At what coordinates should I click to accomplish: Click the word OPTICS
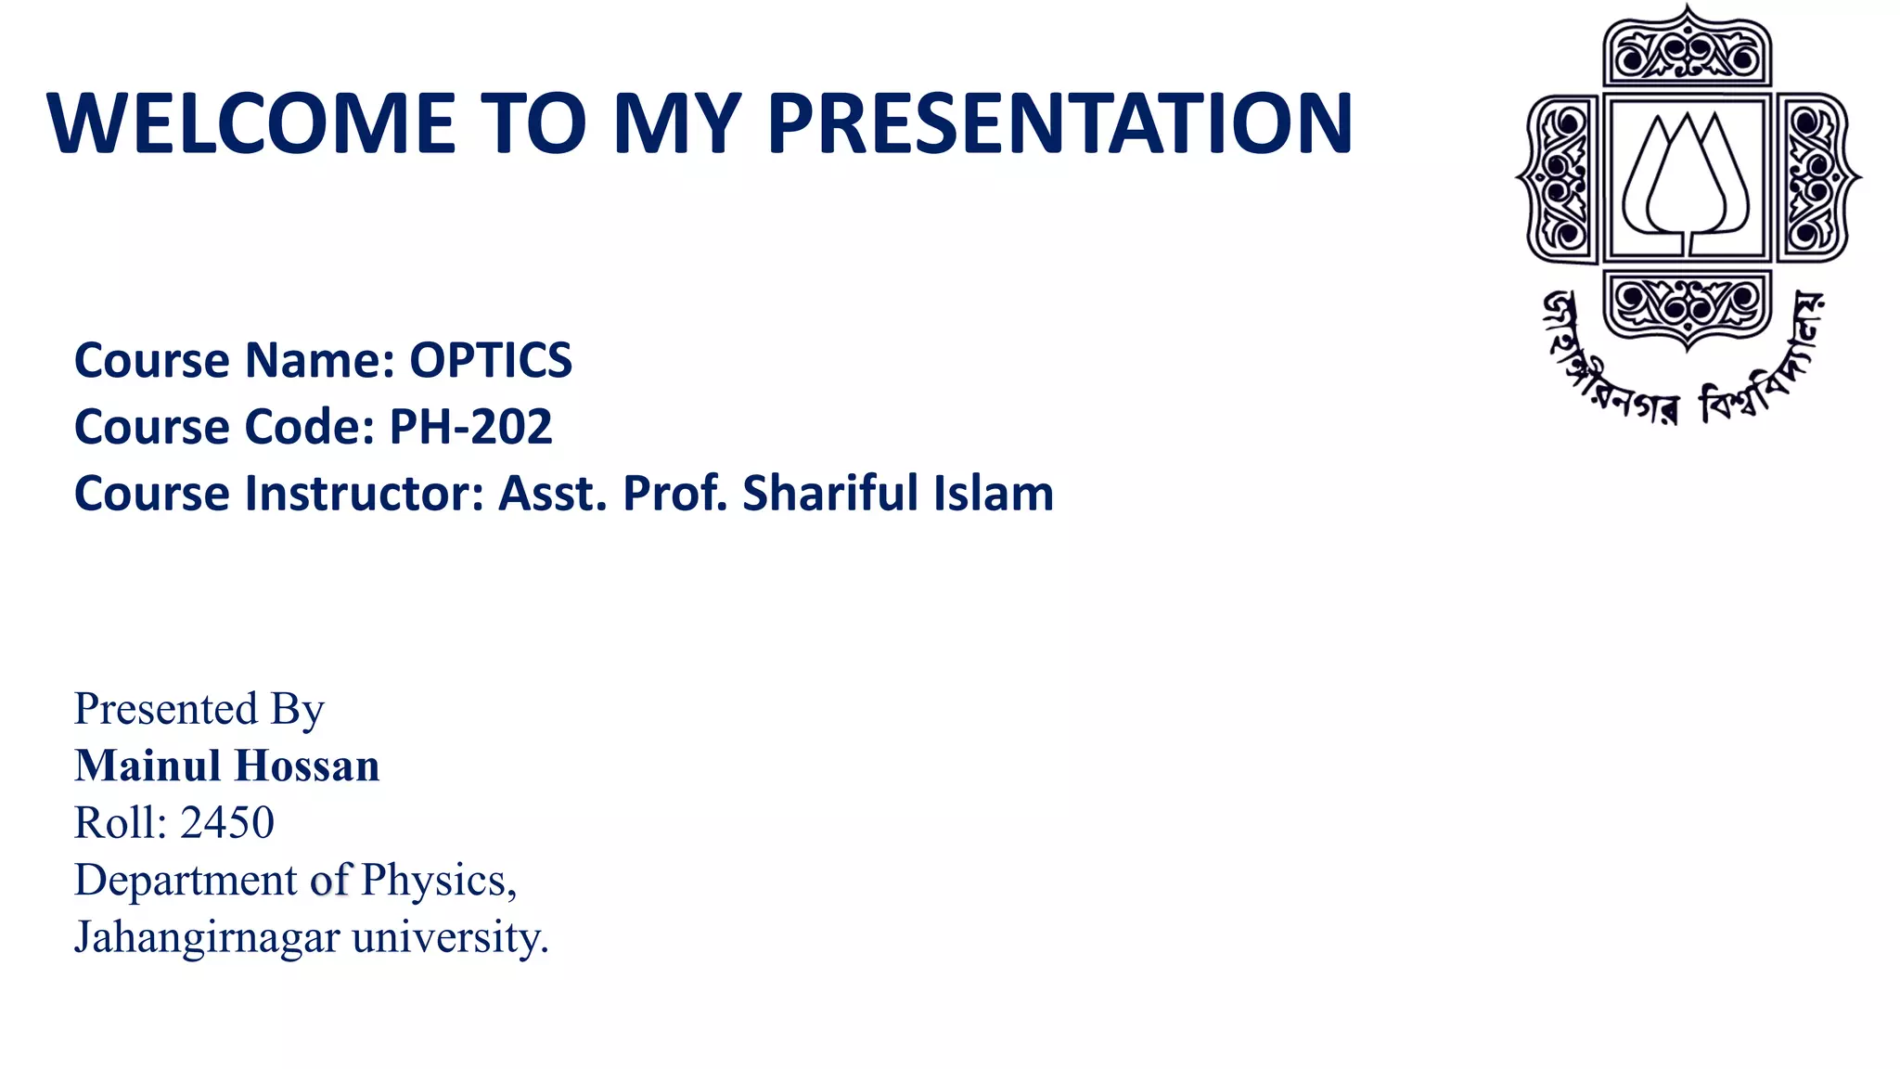(x=491, y=360)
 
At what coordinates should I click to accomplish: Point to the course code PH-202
(x=470, y=427)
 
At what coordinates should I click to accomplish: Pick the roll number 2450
(x=227, y=823)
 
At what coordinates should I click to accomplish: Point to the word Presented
(x=166, y=709)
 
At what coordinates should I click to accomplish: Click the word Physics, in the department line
(x=439, y=881)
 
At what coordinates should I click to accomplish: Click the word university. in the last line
(x=451, y=937)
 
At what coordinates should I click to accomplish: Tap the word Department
(x=186, y=881)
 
